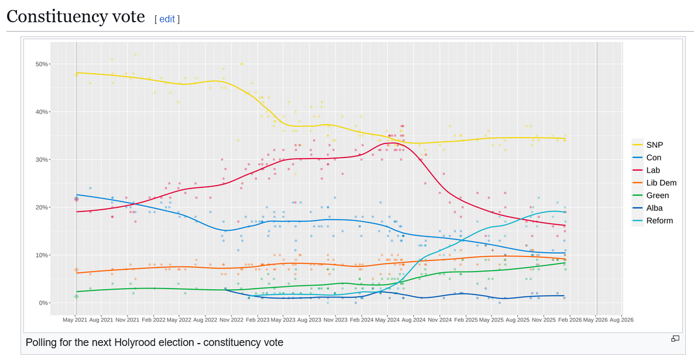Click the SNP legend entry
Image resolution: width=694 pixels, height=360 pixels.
(x=654, y=145)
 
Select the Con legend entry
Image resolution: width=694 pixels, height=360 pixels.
(x=653, y=157)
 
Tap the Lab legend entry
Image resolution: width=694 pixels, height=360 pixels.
(x=652, y=170)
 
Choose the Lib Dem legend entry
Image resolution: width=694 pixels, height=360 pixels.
(x=661, y=183)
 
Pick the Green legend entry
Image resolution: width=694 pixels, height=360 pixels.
(x=657, y=196)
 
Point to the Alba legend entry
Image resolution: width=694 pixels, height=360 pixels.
(x=654, y=208)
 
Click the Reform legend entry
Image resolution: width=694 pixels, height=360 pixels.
(x=659, y=221)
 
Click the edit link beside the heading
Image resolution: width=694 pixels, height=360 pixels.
(x=167, y=19)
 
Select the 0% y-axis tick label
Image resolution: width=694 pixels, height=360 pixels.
(x=43, y=303)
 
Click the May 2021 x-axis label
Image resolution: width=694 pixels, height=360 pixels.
(x=75, y=320)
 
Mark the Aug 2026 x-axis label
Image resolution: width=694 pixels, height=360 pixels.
(x=621, y=320)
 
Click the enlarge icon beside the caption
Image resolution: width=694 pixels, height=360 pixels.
(x=675, y=338)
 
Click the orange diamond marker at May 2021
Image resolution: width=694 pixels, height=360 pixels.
(x=76, y=270)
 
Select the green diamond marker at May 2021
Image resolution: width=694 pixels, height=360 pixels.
(x=76, y=296)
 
